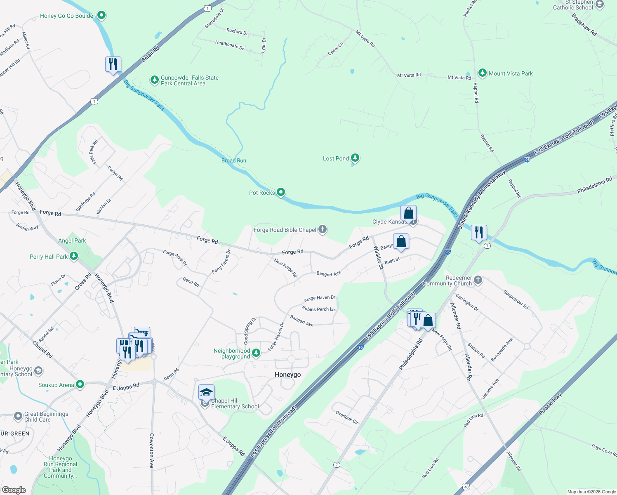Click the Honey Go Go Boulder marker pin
[x=101, y=16]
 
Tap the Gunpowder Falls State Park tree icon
[x=154, y=80]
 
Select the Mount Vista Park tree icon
[x=482, y=73]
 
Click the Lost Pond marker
[x=355, y=158]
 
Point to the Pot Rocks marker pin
[x=281, y=192]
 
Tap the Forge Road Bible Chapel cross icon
[x=323, y=230]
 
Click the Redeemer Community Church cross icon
[x=478, y=280]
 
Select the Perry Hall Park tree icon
[x=74, y=256]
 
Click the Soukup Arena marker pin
[x=80, y=385]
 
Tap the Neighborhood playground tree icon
[x=256, y=353]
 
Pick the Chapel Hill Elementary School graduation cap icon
[x=206, y=392]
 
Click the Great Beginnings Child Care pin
[x=18, y=416]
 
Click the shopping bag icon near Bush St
[x=401, y=242]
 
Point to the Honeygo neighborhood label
[x=288, y=375]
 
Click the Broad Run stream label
[x=234, y=160]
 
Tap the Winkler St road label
[x=378, y=257]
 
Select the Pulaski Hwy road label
[x=550, y=405]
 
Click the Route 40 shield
[x=466, y=487]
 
